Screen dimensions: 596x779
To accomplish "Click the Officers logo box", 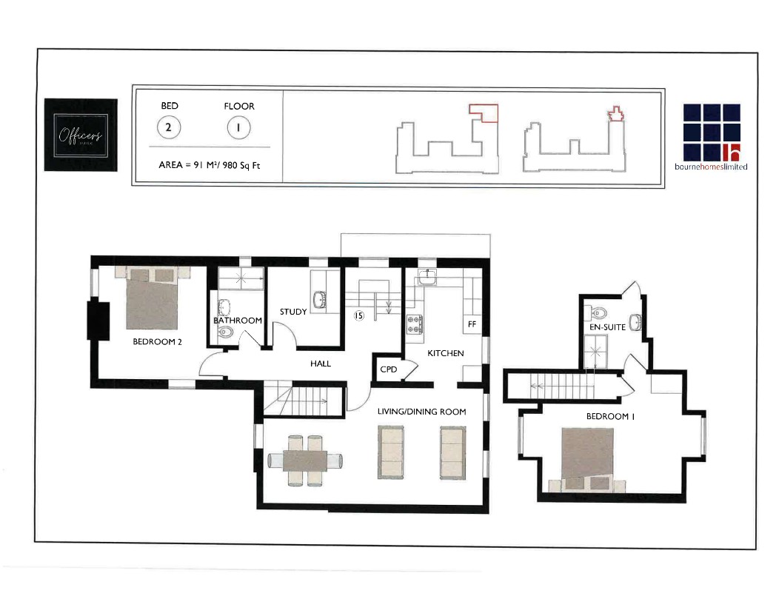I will [x=80, y=135].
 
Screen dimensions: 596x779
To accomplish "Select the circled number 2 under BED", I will [x=169, y=127].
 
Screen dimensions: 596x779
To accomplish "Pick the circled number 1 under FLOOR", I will [x=238, y=127].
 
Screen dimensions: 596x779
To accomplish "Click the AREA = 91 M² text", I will [x=210, y=165].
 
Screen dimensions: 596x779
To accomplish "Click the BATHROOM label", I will [x=238, y=321].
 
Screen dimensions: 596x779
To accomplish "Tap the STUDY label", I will [x=293, y=312].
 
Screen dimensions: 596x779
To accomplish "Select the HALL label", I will [x=321, y=364].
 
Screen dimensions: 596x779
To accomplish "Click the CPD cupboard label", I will [x=388, y=369].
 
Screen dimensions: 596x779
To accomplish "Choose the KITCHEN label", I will [x=446, y=353].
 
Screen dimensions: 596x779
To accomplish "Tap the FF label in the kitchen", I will [x=471, y=324].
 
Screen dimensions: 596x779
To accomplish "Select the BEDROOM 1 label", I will [x=611, y=416].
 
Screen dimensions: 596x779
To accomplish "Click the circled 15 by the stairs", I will [x=359, y=315].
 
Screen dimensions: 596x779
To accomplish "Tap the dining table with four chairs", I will [x=304, y=461].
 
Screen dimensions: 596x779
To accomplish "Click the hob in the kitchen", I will [x=414, y=324].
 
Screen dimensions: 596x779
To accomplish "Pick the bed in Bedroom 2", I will [x=153, y=299].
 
